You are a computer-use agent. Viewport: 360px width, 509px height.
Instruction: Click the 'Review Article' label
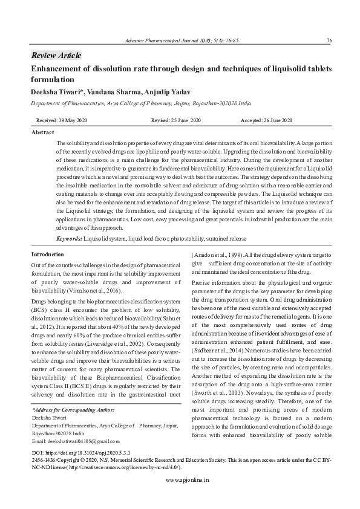(56, 56)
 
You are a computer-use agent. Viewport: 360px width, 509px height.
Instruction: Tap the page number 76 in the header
(329, 41)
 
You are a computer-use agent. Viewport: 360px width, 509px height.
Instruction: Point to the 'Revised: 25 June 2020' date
(176, 121)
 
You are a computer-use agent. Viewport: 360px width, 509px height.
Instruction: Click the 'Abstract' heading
(42, 132)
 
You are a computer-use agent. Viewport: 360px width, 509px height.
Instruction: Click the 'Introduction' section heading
(47, 254)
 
